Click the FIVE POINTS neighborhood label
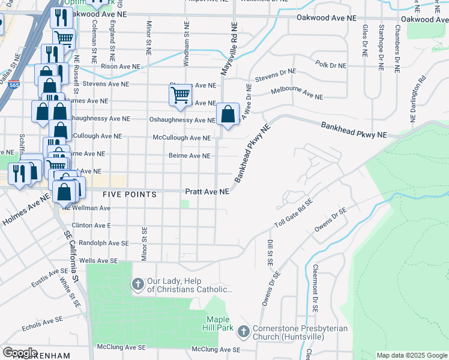(x=129, y=194)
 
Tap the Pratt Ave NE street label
(x=206, y=192)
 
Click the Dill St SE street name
(x=270, y=253)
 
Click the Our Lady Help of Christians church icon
(x=137, y=284)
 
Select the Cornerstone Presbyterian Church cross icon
(x=243, y=331)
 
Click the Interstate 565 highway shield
(x=13, y=86)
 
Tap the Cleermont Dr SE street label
(x=315, y=289)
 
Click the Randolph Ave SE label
(x=92, y=243)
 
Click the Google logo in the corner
(x=20, y=352)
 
